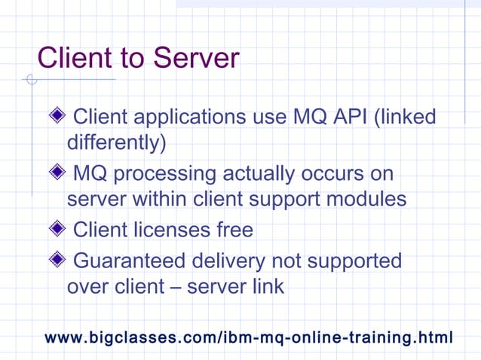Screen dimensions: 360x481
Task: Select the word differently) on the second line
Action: point(116,142)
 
